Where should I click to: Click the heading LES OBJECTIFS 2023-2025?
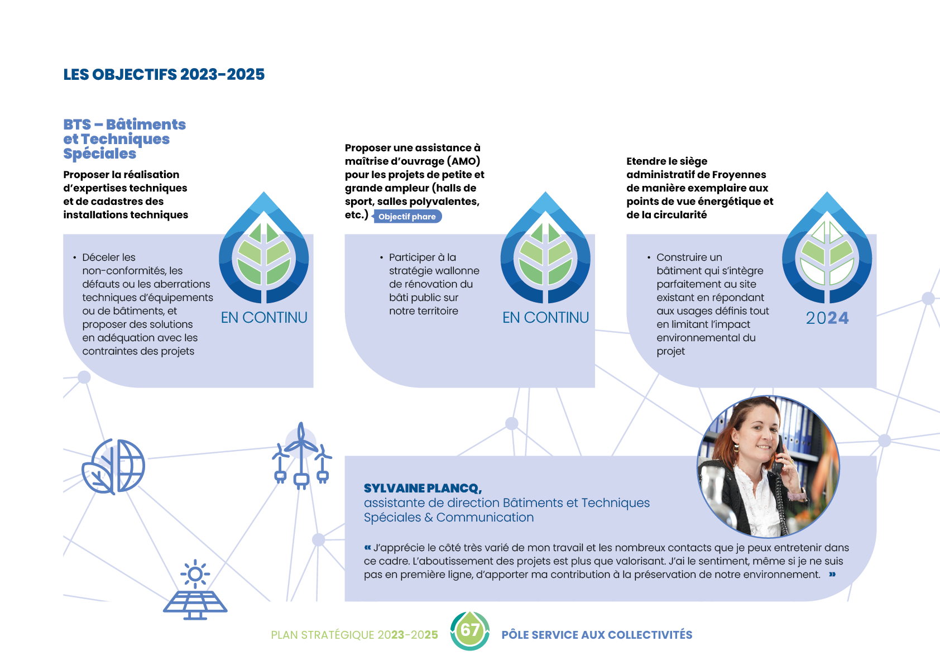tap(164, 74)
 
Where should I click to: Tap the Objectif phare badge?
tap(407, 217)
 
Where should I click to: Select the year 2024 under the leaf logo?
tap(827, 318)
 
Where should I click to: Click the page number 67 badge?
tap(469, 630)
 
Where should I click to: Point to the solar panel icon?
tap(195, 590)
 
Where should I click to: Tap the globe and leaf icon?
tap(113, 466)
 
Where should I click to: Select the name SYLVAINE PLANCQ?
tap(423, 488)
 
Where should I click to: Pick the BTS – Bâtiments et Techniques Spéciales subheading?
tap(124, 138)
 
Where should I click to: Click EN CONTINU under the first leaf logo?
tap(264, 318)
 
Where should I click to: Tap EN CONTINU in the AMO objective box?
tap(545, 318)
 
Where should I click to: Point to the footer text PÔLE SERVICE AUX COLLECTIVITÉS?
tap(597, 635)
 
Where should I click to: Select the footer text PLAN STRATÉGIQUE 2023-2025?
tap(354, 635)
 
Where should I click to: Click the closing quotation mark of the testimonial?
tap(832, 574)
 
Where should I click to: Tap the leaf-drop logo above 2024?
tap(827, 248)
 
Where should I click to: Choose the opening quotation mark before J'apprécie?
tap(368, 547)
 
